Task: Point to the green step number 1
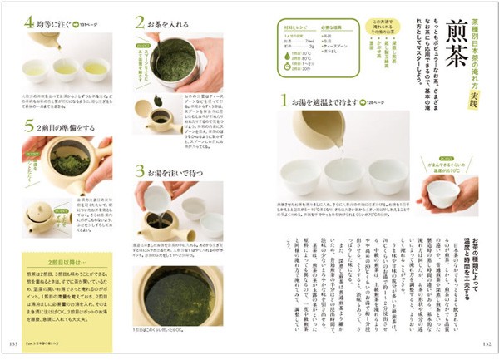click(284, 101)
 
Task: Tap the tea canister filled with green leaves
click(177, 62)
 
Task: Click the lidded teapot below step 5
click(43, 218)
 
